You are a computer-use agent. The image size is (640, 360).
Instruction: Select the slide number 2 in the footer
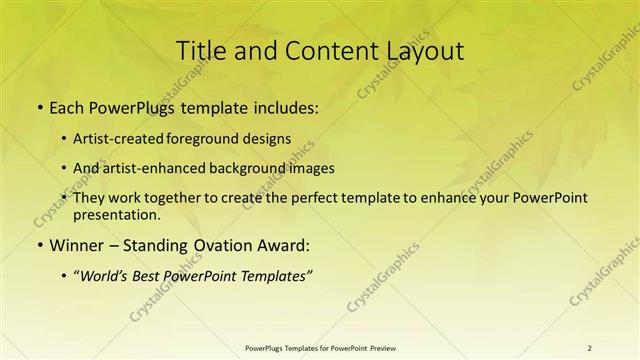pyautogui.click(x=589, y=347)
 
